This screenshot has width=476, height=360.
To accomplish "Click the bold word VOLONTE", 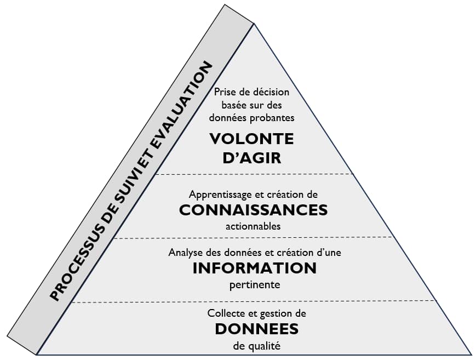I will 251,139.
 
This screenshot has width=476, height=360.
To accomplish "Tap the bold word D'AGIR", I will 251,158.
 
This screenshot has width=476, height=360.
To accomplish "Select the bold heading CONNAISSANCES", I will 253,210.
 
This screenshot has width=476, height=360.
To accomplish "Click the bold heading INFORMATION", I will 254,268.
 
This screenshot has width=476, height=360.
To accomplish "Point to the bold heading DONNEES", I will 256,329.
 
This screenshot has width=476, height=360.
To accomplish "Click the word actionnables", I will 253,226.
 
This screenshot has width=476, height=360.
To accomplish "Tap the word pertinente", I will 255,285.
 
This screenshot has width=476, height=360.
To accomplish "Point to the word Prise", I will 224,92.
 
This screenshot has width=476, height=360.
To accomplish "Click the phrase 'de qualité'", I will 256,345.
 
